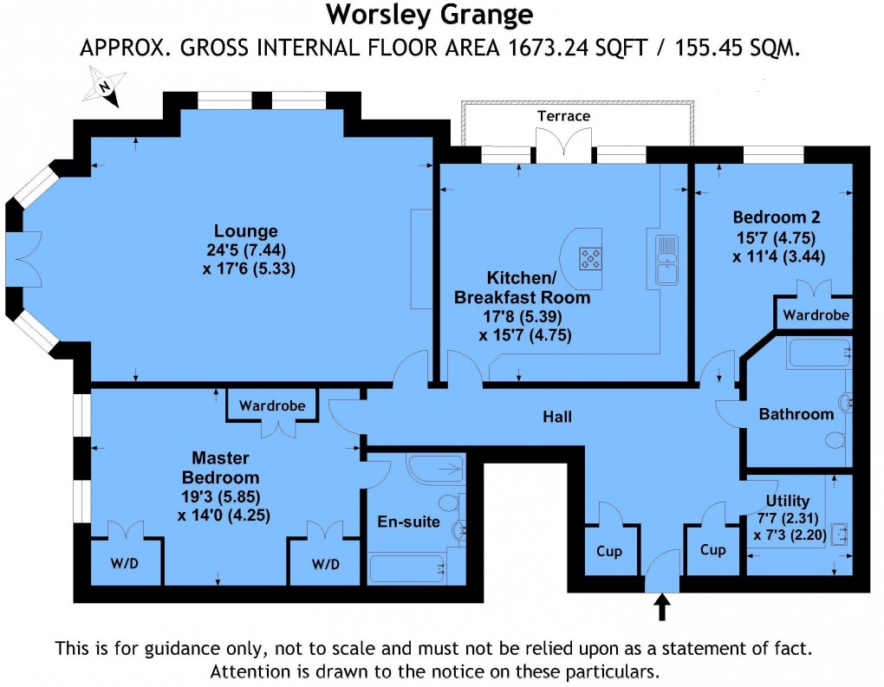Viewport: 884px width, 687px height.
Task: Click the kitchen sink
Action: point(666,258)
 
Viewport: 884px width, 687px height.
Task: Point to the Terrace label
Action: point(563,116)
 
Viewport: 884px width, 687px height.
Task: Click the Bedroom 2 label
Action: point(777,217)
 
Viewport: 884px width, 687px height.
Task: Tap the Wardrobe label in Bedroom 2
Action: point(816,314)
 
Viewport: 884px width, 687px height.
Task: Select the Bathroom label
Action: point(796,414)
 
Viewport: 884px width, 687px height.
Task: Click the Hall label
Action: point(557,417)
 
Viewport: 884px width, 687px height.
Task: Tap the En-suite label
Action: point(408,522)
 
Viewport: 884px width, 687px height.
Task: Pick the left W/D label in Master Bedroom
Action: point(124,564)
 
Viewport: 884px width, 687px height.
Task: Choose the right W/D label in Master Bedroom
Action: point(325,564)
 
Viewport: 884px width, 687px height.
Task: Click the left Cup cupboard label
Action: point(609,550)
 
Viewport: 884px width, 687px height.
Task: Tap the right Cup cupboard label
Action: point(712,550)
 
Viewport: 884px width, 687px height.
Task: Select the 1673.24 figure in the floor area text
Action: point(531,48)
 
